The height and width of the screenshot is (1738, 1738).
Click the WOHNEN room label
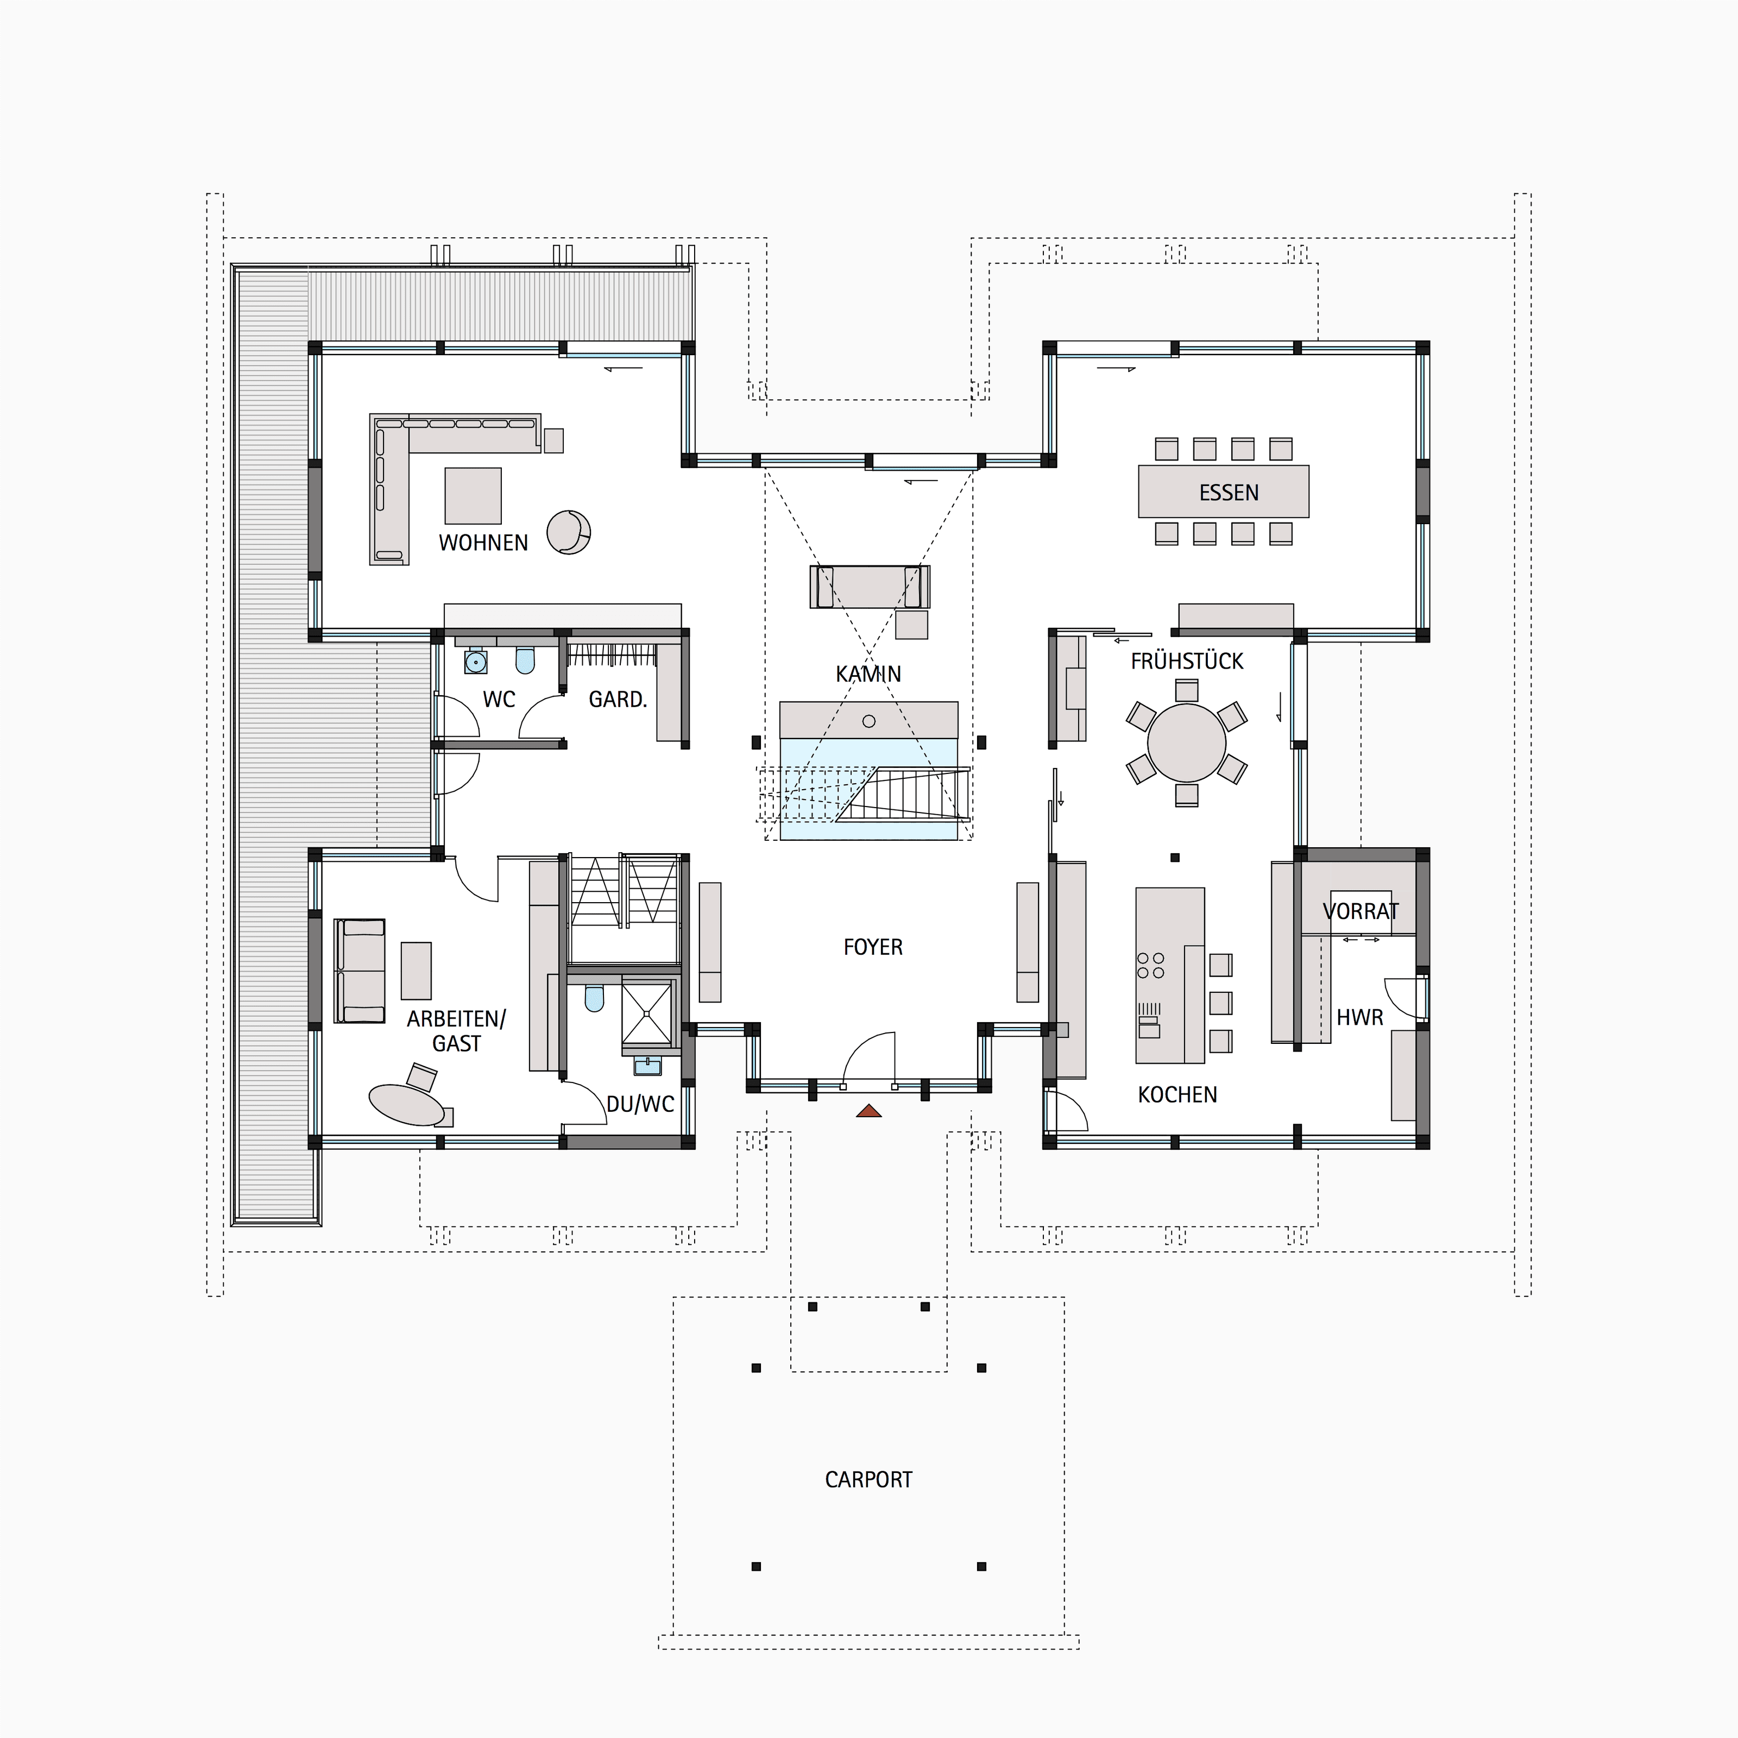483,543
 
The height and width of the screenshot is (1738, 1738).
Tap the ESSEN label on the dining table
1229,493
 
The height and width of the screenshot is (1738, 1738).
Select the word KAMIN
868,674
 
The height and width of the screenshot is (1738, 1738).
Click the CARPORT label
868,1480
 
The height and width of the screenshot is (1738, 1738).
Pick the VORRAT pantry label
1360,911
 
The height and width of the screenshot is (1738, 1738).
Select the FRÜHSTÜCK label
1187,661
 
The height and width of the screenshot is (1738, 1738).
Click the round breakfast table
1187,743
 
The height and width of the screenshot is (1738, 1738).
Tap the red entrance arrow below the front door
868,1111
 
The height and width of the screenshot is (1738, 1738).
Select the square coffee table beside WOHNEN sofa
473,496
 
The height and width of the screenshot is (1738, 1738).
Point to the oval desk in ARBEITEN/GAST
407,1105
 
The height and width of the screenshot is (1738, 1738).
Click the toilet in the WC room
525,659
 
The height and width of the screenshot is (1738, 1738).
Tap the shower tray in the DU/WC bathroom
647,1012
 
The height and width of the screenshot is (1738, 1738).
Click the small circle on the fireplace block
868,721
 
